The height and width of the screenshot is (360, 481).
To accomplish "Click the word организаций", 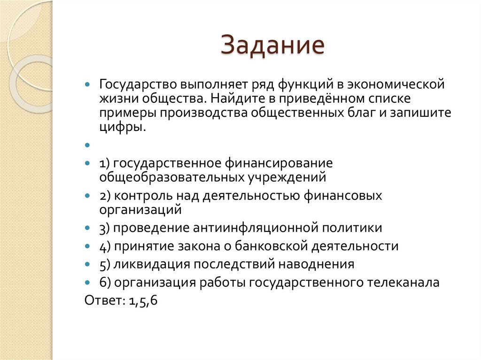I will point(140,209).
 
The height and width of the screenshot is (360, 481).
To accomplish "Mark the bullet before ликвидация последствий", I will point(87,265).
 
